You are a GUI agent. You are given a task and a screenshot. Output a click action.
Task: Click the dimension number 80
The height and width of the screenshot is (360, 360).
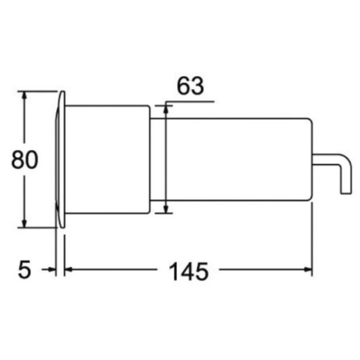pyautogui.click(x=24, y=160)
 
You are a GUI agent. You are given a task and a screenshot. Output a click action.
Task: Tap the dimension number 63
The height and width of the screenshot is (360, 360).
pyautogui.click(x=190, y=86)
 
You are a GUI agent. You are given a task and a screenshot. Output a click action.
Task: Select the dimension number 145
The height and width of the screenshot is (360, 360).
pyautogui.click(x=189, y=272)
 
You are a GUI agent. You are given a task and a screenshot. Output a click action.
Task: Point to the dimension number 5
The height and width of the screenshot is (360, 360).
pyautogui.click(x=24, y=269)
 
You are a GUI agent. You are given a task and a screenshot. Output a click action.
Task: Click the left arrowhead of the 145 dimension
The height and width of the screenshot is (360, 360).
pyautogui.click(x=69, y=269)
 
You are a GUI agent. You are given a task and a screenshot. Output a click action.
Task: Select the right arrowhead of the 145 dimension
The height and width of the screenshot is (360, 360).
pyautogui.click(x=308, y=269)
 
